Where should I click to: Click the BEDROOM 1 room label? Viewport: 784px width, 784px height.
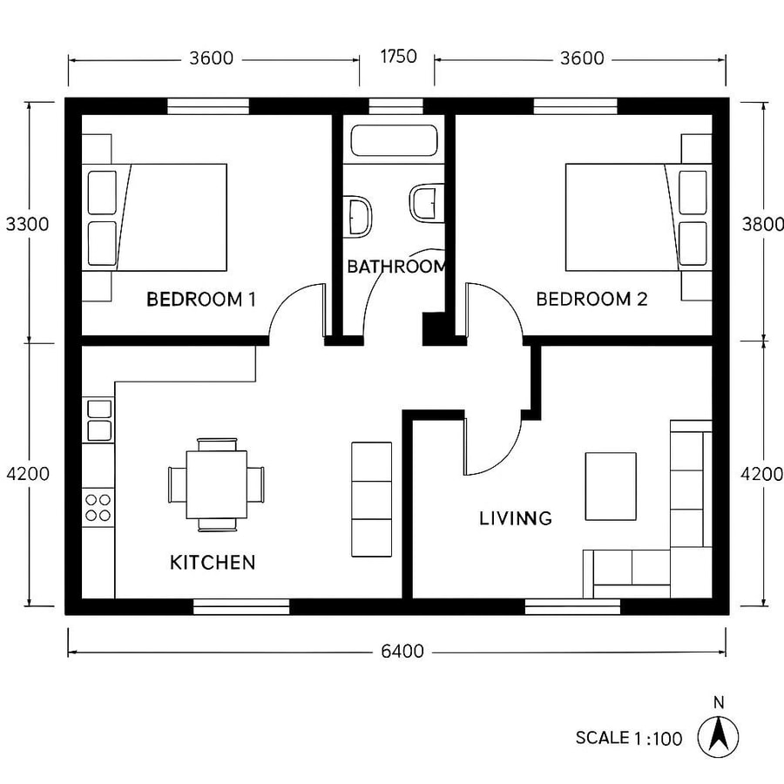201,300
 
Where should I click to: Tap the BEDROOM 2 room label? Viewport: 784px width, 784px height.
591,300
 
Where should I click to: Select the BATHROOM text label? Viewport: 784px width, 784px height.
396,267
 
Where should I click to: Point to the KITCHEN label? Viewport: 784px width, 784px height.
213,562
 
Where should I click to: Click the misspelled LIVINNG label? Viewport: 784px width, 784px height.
516,518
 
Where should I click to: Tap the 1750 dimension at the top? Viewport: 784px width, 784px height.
398,57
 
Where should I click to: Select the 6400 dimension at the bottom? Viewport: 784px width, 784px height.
402,651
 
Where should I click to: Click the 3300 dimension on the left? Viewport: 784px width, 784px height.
27,223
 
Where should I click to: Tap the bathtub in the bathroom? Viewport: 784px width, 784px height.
393,141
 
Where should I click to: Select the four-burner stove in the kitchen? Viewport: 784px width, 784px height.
98,507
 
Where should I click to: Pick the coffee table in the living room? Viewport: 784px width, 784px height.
611,485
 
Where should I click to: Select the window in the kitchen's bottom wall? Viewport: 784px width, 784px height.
240,605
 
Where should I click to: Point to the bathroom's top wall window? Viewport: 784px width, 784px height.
395,106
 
